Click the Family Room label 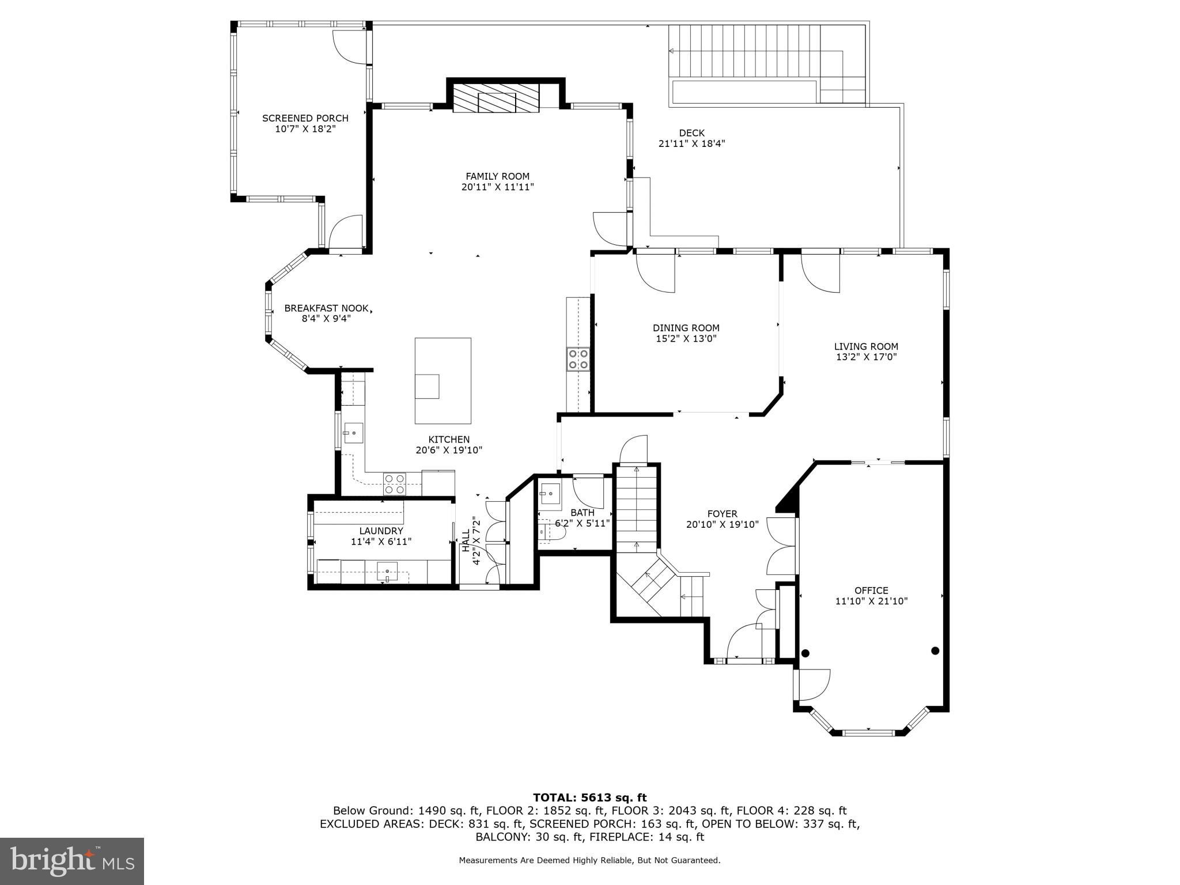point(497,176)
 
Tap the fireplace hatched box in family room point(496,99)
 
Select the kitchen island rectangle point(442,381)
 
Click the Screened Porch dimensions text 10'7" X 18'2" point(305,129)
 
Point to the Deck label point(691,133)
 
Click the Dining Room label point(686,328)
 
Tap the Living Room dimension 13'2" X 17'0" point(866,357)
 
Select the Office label point(871,591)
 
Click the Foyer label point(722,514)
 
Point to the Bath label point(583,513)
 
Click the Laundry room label point(381,531)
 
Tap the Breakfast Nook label point(326,308)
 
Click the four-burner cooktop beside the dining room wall point(577,359)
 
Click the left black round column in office point(805,653)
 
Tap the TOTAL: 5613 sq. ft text point(589,797)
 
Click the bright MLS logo point(72,861)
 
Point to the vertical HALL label point(466,542)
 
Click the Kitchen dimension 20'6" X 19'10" point(448,451)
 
